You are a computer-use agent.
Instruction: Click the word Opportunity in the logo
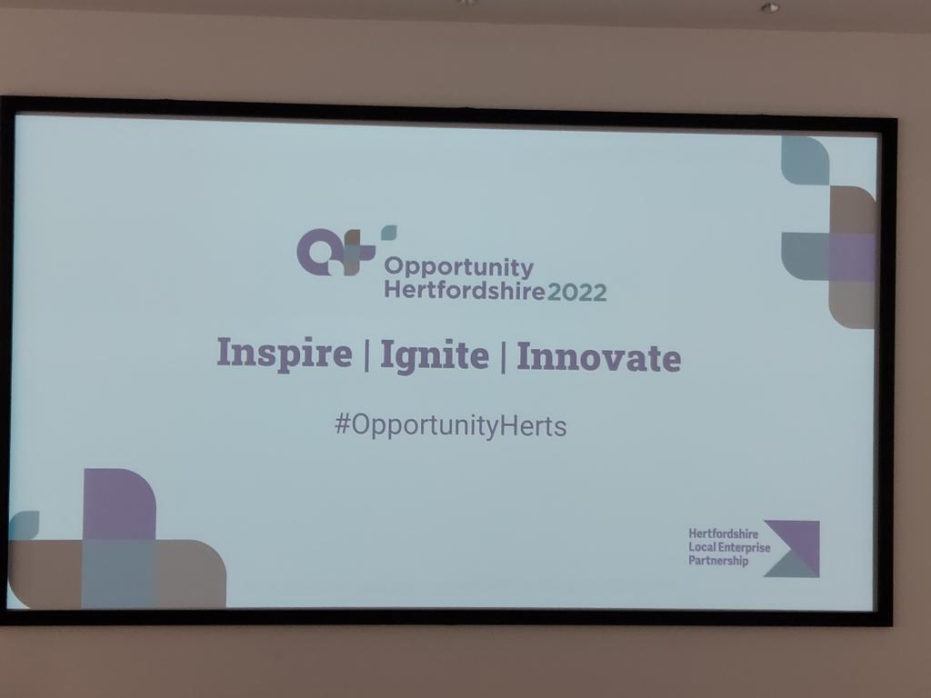tap(458, 267)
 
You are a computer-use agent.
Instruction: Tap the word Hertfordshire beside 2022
tap(464, 292)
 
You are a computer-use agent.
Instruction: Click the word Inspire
tap(284, 354)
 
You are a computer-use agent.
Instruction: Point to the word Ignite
tap(434, 355)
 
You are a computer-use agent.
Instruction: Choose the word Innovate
tap(598, 356)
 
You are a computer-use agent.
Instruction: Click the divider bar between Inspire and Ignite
tap(365, 354)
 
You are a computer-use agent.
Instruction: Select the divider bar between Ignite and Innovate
tap(503, 356)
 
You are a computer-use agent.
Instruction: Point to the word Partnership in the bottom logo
tap(718, 562)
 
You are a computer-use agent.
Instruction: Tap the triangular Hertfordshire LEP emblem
tap(793, 548)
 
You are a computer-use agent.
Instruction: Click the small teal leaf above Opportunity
tap(388, 233)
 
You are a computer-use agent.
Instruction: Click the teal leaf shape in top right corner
tap(804, 160)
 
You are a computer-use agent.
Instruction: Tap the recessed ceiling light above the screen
tap(769, 8)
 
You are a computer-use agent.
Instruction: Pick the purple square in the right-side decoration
tap(852, 257)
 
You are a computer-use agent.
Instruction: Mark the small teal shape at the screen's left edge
tap(23, 524)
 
